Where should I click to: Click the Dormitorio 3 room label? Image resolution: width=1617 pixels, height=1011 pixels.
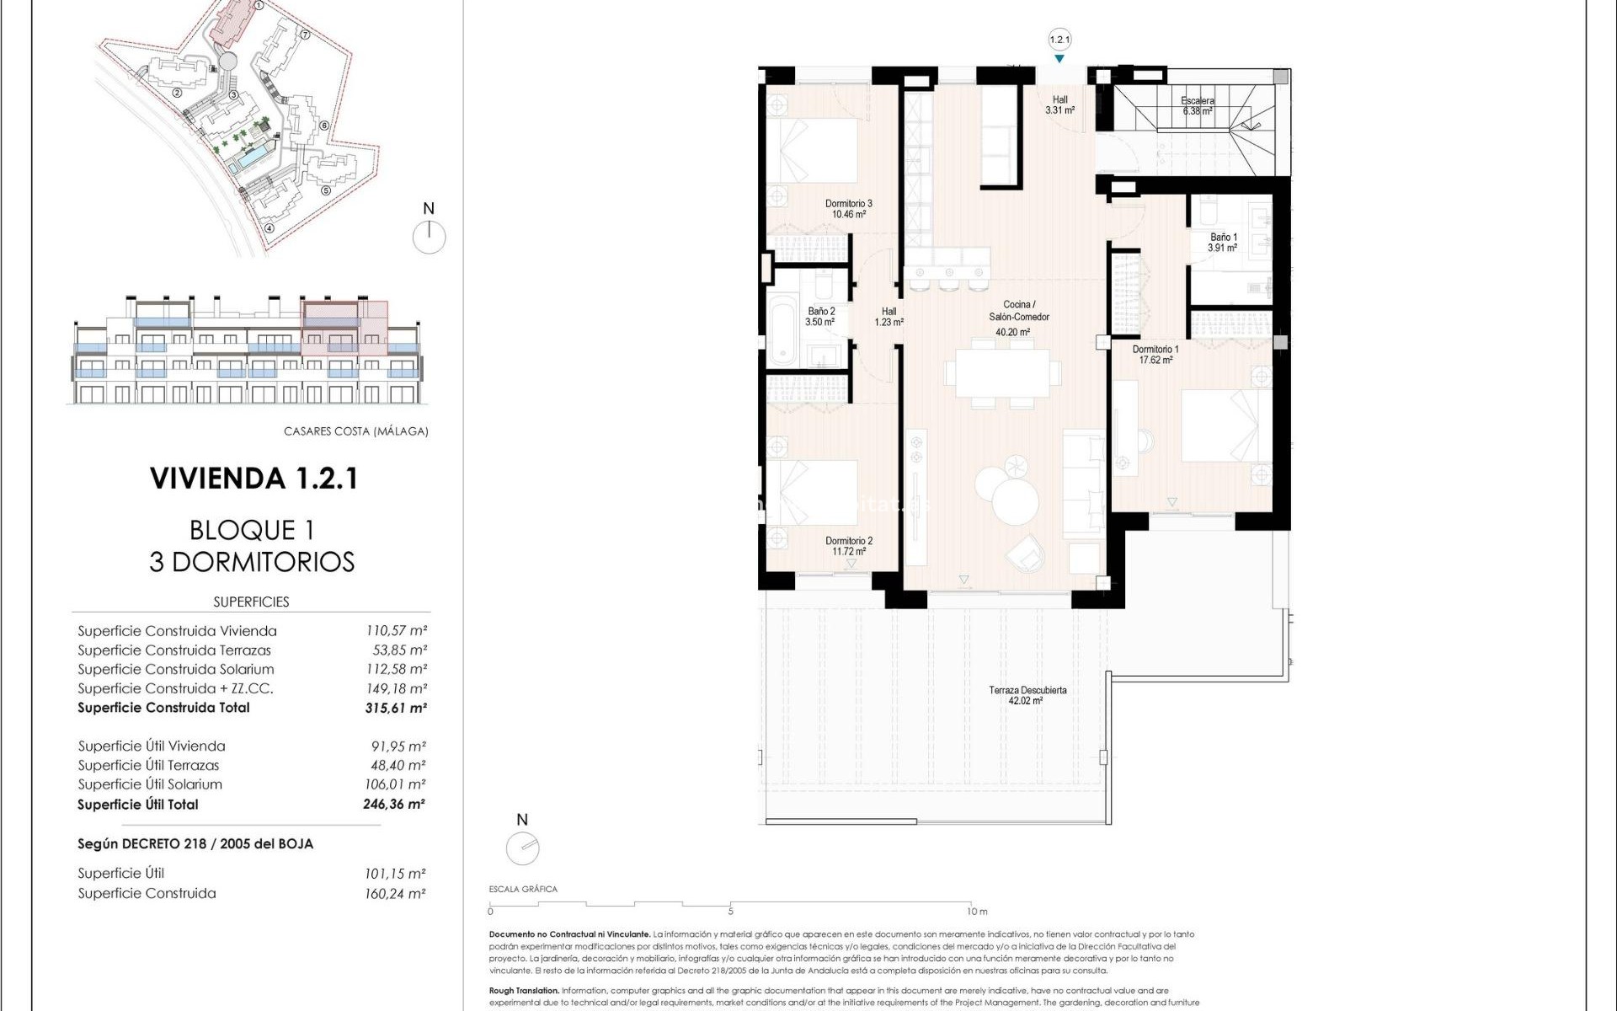pos(848,208)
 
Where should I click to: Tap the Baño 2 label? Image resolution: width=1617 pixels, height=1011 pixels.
pos(820,316)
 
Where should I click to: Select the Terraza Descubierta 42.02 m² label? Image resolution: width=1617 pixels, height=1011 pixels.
pos(1027,695)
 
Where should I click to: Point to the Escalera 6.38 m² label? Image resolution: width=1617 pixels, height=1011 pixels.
pos(1197,105)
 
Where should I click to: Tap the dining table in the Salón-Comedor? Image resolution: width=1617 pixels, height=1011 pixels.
pos(1001,372)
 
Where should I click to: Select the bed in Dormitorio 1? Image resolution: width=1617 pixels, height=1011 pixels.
pos(1221,425)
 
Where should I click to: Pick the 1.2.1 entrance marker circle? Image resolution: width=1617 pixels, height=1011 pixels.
pos(1059,40)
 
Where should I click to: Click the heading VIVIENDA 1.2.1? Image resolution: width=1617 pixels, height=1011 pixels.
pos(254,479)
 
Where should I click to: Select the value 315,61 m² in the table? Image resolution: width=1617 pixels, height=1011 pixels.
pos(396,708)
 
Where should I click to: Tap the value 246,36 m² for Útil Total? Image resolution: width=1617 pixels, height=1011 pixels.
pos(394,804)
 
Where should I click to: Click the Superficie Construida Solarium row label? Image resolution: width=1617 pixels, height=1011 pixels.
pos(176,669)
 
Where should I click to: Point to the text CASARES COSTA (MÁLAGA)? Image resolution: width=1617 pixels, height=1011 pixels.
pos(355,431)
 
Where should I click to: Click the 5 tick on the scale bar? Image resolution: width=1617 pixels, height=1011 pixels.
pos(730,910)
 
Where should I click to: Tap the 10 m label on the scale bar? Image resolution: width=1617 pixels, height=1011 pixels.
pos(977,912)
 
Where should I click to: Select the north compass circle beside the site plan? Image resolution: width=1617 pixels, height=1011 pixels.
pos(429,237)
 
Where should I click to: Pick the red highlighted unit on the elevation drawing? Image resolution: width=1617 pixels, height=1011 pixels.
pos(345,327)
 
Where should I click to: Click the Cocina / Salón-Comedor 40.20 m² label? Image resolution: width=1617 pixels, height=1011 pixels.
pos(1018,318)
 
